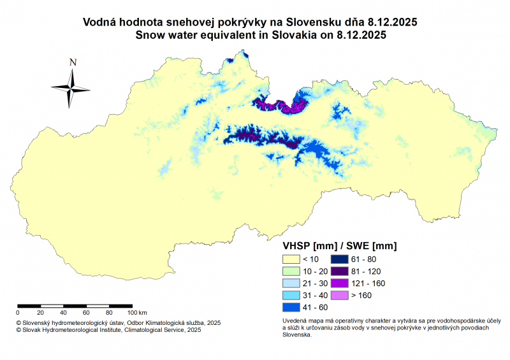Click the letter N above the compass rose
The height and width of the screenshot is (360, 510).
73,62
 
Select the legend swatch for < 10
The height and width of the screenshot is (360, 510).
291,259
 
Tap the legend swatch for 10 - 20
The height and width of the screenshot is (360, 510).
291,271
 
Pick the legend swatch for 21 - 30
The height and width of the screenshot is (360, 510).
291,283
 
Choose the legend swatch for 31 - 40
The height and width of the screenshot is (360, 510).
291,295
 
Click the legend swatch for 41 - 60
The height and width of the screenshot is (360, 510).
291,307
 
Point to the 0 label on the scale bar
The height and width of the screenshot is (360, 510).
18,313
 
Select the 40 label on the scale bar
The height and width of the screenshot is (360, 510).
64,313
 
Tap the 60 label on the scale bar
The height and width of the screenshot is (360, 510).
87,313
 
